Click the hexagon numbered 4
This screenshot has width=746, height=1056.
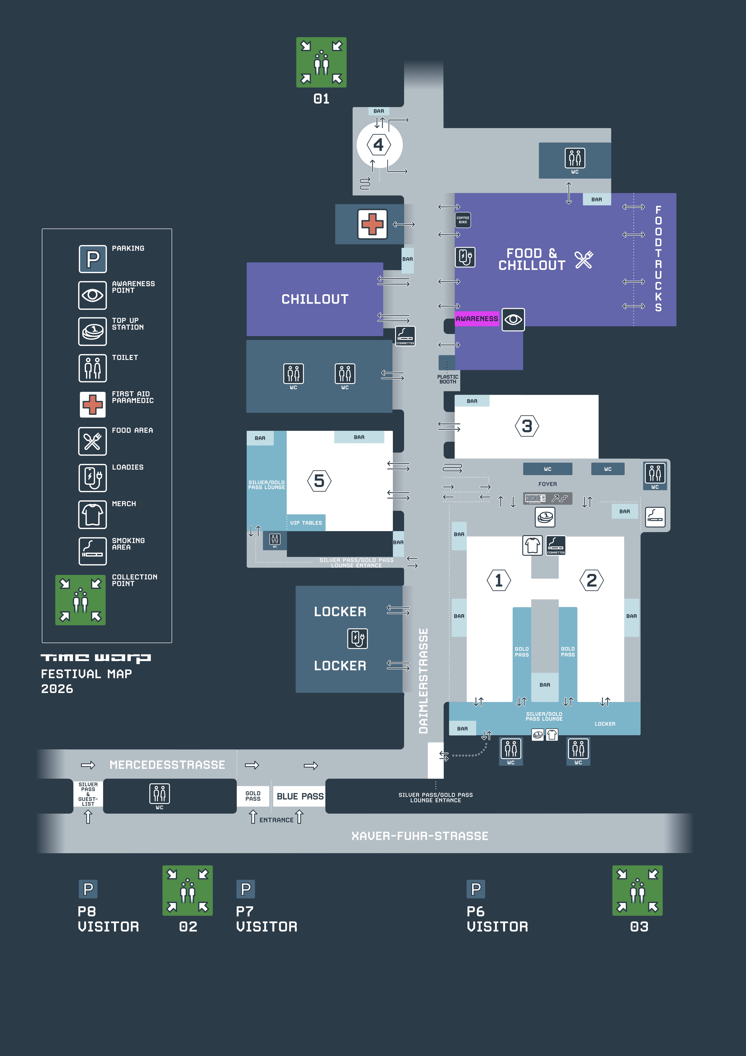click(379, 145)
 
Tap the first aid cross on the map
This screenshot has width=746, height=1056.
click(372, 224)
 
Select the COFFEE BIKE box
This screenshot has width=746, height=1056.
click(463, 220)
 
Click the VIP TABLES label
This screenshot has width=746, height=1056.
click(306, 523)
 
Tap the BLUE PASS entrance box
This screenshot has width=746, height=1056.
click(300, 796)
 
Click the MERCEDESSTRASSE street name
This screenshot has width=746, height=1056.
click(167, 765)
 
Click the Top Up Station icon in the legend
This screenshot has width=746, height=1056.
click(92, 331)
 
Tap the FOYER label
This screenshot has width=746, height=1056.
click(547, 484)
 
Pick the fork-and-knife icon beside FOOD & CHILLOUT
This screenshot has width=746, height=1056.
click(584, 260)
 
